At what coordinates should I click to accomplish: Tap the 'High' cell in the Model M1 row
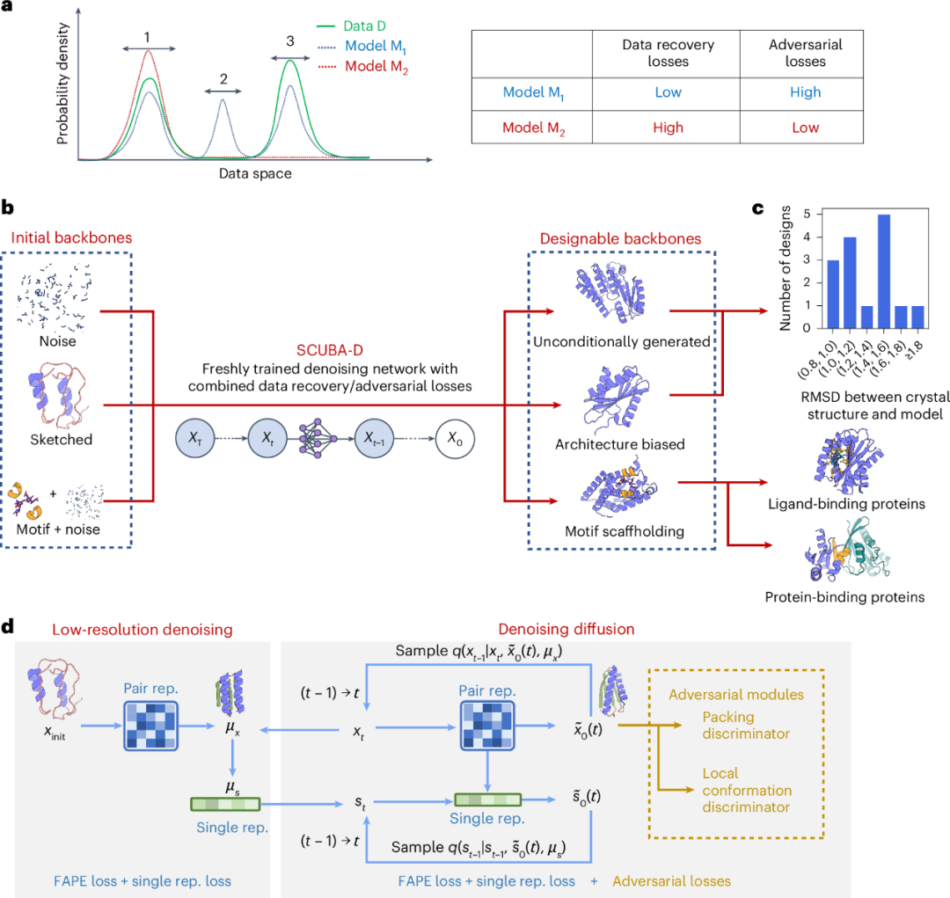point(805,92)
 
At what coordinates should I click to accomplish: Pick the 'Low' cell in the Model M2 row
point(805,128)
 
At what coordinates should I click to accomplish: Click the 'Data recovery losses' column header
point(668,53)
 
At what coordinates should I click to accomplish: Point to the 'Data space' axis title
point(255,173)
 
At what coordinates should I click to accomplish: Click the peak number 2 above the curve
point(223,79)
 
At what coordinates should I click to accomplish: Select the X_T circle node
point(195,438)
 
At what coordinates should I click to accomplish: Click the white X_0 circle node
point(455,439)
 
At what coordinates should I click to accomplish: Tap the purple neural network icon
point(318,438)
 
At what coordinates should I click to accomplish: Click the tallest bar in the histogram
point(884,272)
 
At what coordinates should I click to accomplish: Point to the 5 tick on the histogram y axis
point(807,214)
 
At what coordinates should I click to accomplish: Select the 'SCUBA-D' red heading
point(330,350)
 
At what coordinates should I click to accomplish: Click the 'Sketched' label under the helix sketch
point(62,439)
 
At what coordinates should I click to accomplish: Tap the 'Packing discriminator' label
point(746,726)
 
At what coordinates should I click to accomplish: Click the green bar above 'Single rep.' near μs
point(225,804)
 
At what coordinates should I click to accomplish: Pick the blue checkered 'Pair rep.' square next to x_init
point(151,726)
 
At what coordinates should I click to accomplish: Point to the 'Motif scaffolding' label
point(625,531)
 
